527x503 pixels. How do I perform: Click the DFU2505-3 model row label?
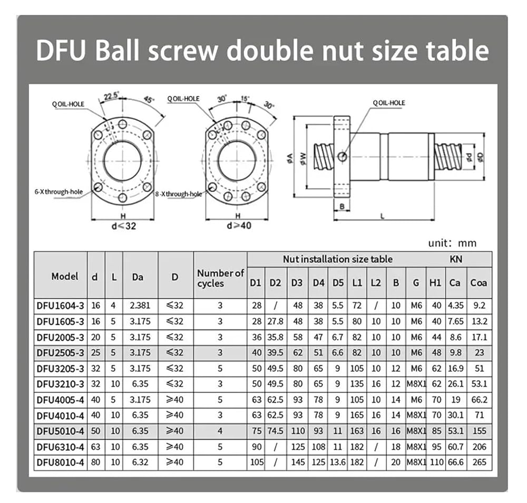[x=60, y=353]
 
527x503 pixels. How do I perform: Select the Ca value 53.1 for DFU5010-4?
[x=455, y=431]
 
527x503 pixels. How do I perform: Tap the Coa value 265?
[x=479, y=462]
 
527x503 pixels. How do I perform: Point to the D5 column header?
[x=338, y=283]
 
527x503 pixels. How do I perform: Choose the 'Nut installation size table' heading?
[x=337, y=259]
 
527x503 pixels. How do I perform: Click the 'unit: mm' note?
[x=452, y=243]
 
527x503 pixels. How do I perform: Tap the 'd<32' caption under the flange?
[x=124, y=226]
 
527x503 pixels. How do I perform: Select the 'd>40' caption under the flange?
[x=239, y=225]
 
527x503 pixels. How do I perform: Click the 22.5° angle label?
[x=111, y=96]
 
